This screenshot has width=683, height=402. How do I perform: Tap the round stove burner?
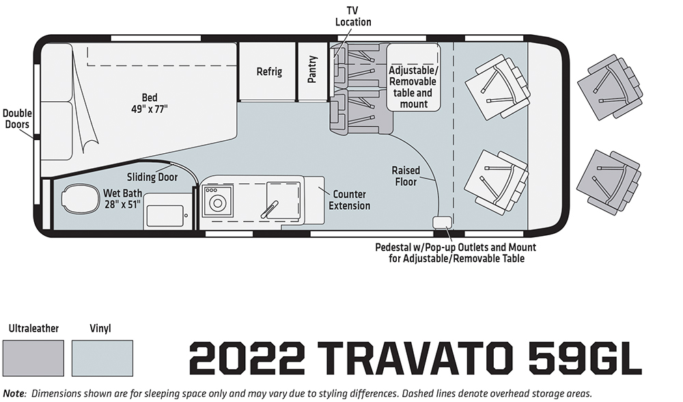(218, 203)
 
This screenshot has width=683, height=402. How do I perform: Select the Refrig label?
(268, 72)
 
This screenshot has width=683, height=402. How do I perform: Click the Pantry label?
(312, 69)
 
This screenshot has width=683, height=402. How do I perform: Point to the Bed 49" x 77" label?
(150, 103)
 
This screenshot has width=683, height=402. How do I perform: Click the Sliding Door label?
(152, 177)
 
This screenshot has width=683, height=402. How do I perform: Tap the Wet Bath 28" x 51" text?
(122, 199)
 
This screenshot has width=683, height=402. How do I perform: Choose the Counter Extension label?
(349, 200)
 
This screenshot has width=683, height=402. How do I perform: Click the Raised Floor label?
(406, 176)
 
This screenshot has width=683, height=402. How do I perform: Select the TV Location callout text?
(353, 16)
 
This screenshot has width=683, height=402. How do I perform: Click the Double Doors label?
(17, 118)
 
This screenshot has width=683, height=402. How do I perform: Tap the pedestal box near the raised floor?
(442, 222)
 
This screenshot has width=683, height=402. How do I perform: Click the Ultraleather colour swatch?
(33, 358)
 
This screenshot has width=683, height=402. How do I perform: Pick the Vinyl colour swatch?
(102, 358)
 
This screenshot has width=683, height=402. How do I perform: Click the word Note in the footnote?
(14, 393)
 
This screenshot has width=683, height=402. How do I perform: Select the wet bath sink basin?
(164, 216)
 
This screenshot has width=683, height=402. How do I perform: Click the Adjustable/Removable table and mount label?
(413, 88)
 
